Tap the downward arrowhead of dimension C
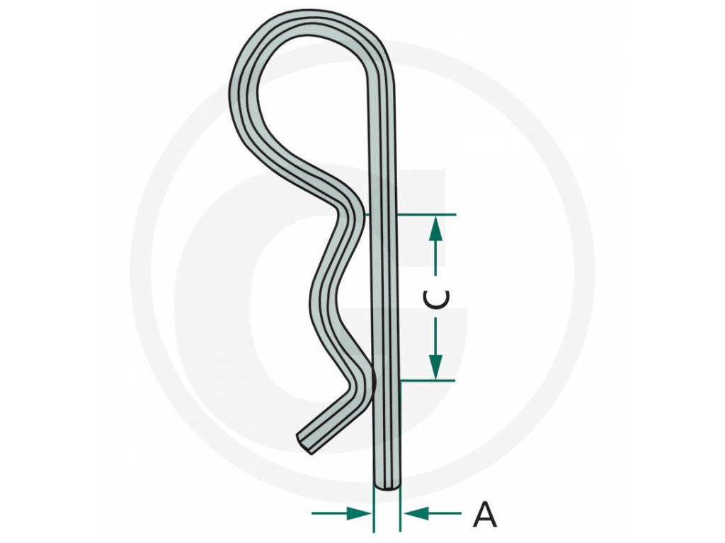[x=436, y=366]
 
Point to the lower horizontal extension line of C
[x=428, y=381]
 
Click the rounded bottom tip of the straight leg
[x=387, y=486]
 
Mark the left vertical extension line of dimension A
[x=373, y=509]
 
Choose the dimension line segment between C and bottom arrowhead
[x=436, y=336]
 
